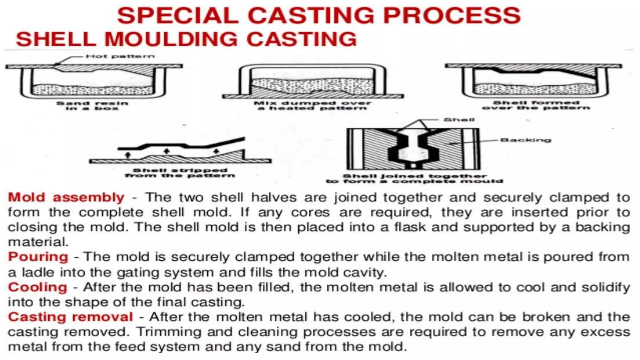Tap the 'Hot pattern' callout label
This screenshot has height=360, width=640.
[120, 57]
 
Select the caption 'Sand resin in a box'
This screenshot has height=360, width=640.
[92, 106]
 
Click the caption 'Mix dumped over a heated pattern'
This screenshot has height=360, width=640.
[312, 106]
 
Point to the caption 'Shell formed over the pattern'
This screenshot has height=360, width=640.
[536, 105]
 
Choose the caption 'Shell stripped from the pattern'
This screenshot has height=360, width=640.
[180, 173]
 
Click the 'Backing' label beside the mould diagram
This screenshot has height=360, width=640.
[526, 140]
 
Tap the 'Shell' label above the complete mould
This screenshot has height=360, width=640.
[459, 120]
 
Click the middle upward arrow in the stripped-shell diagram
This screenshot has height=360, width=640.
[167, 151]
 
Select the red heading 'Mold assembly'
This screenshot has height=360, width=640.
[66, 197]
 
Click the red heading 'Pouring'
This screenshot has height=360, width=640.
[38, 257]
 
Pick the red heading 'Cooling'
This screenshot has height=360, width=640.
[37, 287]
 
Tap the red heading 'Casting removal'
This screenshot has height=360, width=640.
[71, 317]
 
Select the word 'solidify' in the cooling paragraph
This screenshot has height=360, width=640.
[606, 287]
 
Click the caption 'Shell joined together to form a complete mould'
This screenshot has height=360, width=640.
[414, 179]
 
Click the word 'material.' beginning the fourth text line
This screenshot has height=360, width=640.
[38, 242]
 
